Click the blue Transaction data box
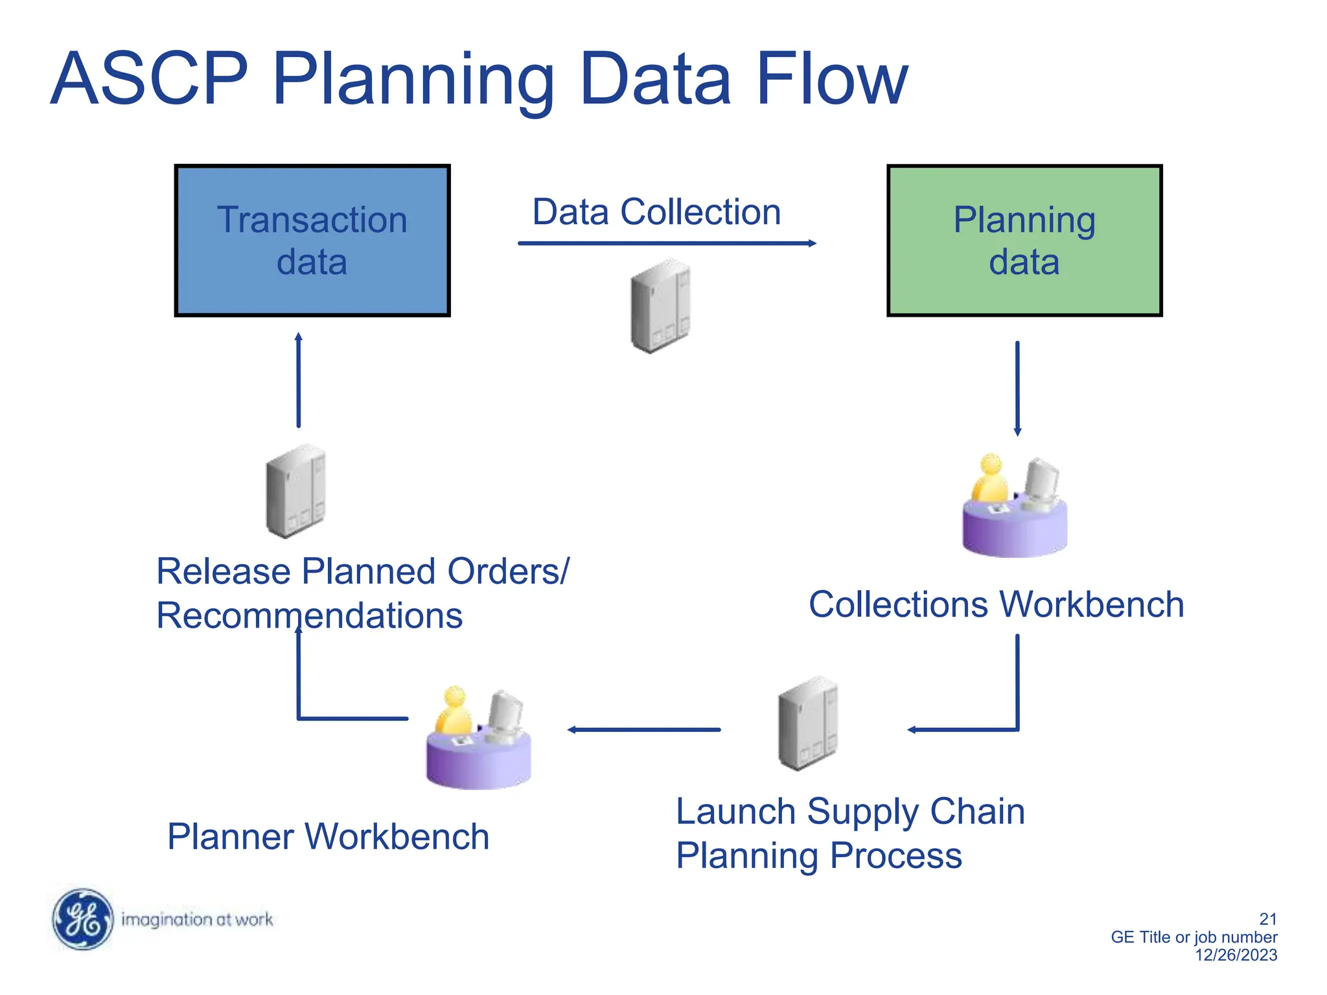(x=312, y=240)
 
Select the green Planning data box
(x=1024, y=240)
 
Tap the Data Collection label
(x=656, y=212)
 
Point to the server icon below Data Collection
(x=660, y=306)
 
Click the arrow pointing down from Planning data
(x=1017, y=388)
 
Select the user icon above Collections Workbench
(x=1014, y=505)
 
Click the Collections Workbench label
(x=996, y=604)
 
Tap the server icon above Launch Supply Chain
(x=807, y=723)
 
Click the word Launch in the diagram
(x=735, y=812)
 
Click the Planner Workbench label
(x=328, y=836)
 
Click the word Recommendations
(x=310, y=615)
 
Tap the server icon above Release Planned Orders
(x=295, y=491)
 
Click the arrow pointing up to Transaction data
(x=299, y=380)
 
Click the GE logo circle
(x=82, y=919)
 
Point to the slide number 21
(x=1267, y=919)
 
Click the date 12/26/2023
(x=1236, y=955)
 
